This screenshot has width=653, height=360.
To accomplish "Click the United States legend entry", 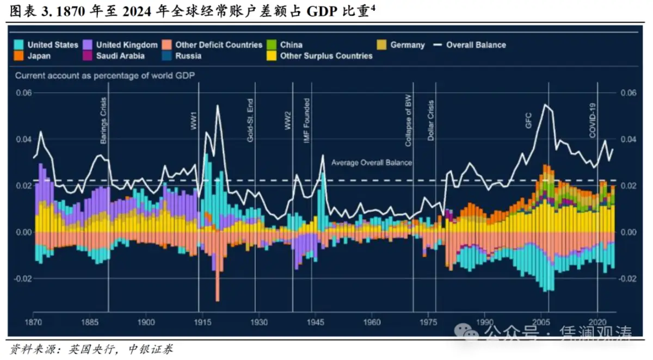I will [x=52, y=45].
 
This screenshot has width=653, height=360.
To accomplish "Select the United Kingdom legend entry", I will [x=126, y=45].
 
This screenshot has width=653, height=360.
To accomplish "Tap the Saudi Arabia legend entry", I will [x=120, y=56].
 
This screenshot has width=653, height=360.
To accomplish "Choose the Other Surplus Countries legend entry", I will [x=326, y=56].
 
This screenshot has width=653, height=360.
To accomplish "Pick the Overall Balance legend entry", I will [x=476, y=45].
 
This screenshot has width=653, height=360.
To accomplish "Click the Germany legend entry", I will [x=407, y=45].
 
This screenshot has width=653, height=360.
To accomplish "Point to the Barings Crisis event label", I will [x=103, y=121].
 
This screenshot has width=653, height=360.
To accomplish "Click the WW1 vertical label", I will [x=194, y=122].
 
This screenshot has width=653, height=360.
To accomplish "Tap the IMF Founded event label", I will [x=307, y=121].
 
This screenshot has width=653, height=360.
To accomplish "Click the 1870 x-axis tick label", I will [x=34, y=322].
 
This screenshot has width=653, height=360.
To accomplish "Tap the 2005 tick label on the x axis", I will [x=541, y=322].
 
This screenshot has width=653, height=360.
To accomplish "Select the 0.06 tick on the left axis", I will [x=23, y=92].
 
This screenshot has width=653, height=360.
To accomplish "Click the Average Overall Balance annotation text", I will [x=372, y=163].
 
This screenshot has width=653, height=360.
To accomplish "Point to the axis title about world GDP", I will [x=105, y=76].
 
